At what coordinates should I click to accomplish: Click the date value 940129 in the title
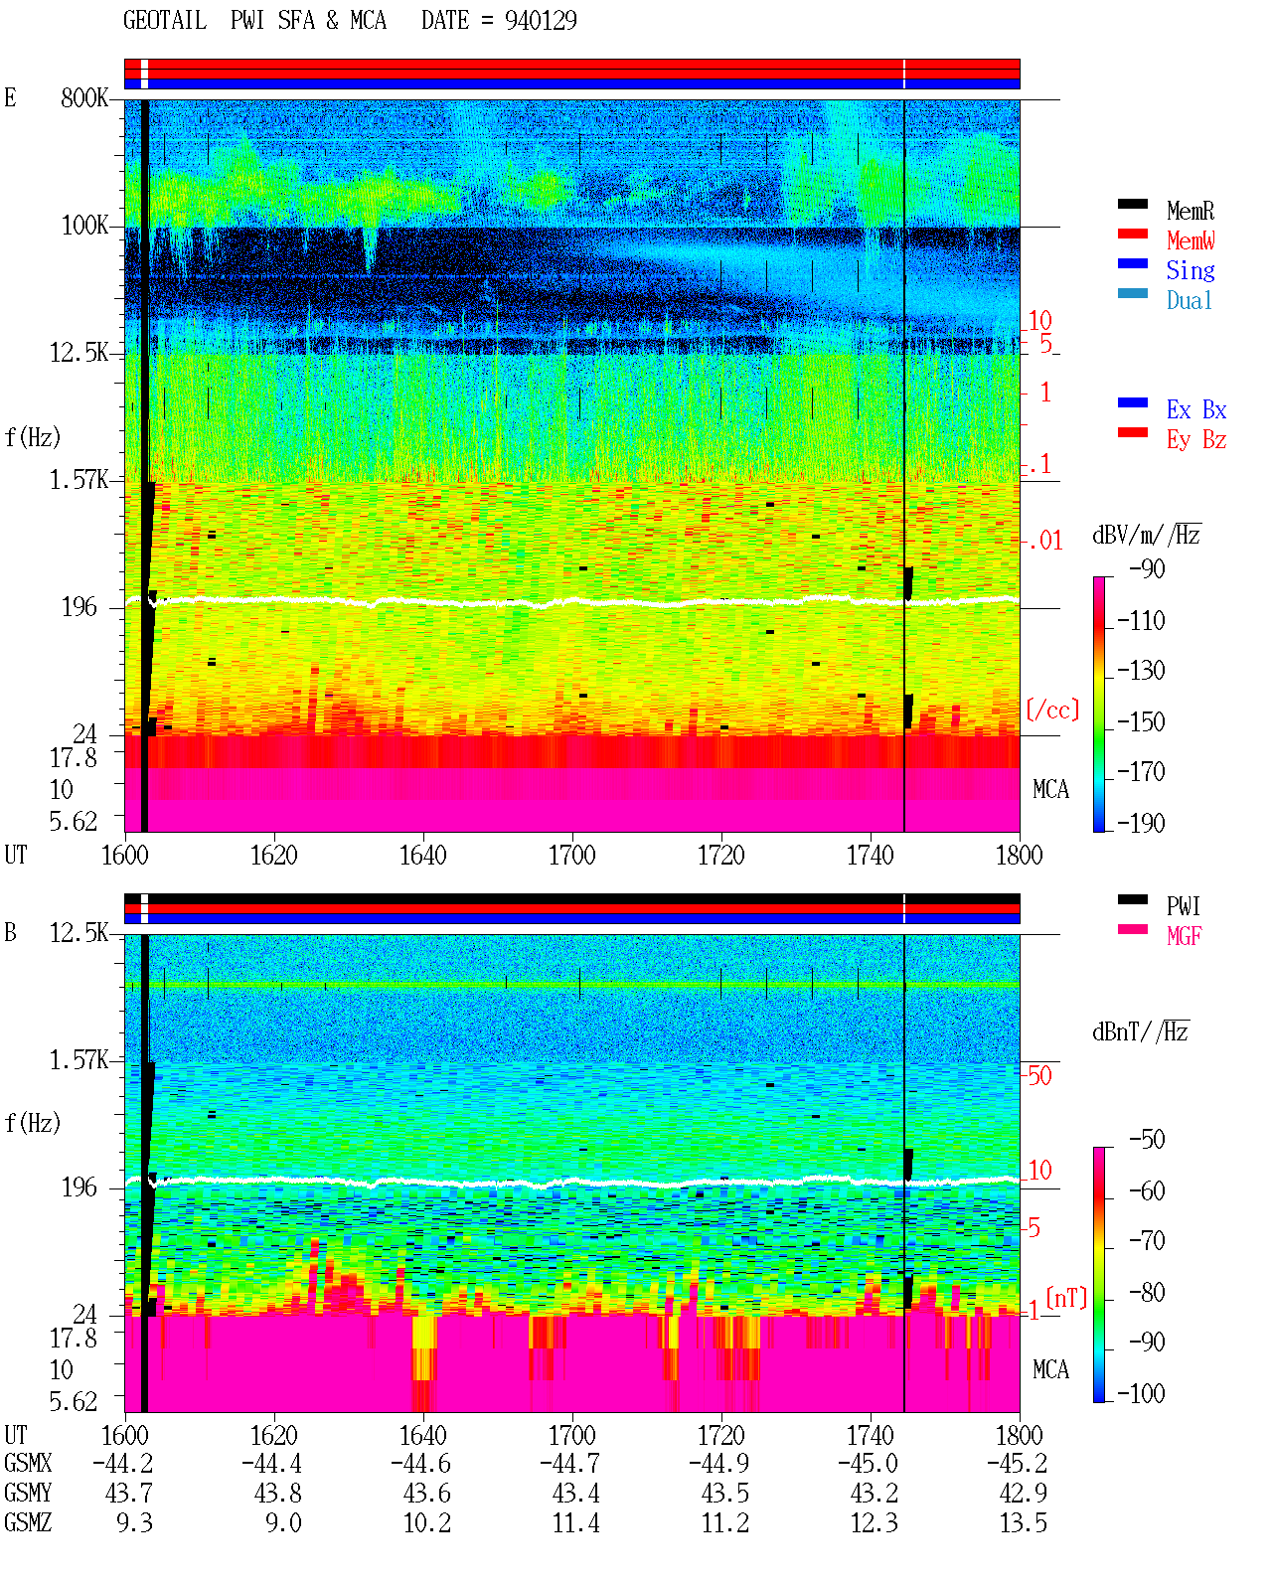point(540,20)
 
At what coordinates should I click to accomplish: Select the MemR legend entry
point(1190,211)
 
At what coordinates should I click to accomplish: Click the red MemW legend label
point(1190,239)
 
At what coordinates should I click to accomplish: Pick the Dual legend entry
point(1189,299)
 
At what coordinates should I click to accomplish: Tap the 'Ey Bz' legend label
point(1195,439)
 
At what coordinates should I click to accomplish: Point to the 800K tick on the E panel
point(83,97)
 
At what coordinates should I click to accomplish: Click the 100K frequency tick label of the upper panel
point(84,226)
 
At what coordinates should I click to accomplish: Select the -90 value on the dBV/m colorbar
point(1147,568)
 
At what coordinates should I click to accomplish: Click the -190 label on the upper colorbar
point(1141,823)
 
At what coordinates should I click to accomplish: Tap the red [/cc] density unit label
point(1052,710)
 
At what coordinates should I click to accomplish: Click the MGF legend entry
point(1184,936)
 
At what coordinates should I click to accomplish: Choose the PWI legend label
point(1183,905)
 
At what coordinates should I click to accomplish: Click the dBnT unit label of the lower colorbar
point(1140,1032)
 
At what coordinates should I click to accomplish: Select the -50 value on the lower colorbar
point(1147,1139)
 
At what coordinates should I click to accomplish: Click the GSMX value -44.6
point(420,1463)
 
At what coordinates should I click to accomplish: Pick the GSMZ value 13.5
point(1023,1522)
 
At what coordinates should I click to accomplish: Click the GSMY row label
point(28,1493)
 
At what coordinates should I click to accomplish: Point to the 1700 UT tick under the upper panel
point(571,855)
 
